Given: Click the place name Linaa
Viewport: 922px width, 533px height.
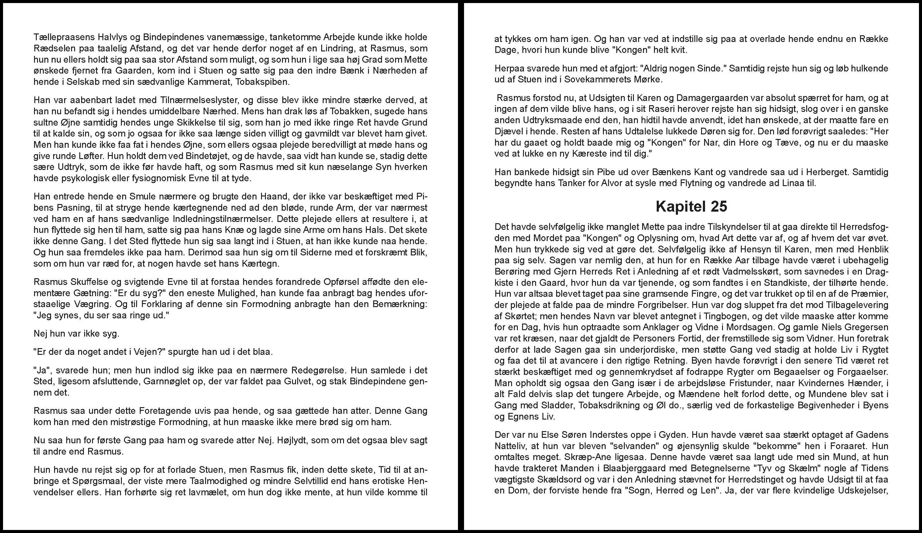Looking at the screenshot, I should point(790,183).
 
